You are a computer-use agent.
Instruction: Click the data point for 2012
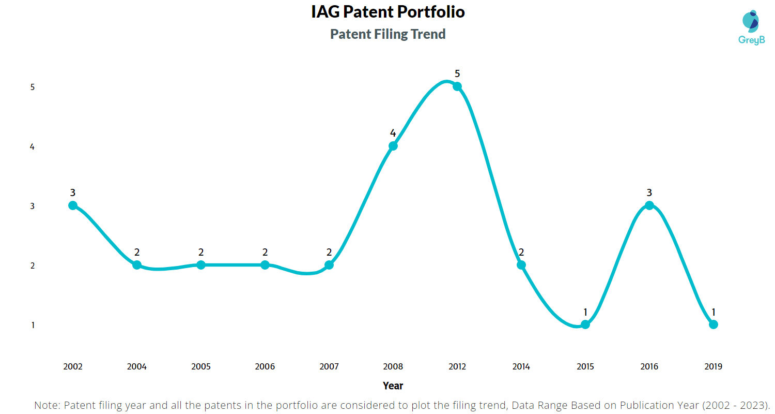coord(457,86)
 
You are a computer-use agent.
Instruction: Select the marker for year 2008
coord(393,146)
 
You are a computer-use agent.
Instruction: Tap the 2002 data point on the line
coord(73,205)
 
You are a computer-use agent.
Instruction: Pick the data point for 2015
coord(585,324)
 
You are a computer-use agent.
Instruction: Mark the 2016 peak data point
coord(649,205)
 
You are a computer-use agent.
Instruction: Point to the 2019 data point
coord(714,324)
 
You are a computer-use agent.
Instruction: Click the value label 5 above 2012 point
coord(457,74)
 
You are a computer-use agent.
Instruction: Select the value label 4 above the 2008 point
coord(393,134)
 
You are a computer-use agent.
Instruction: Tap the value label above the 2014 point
coord(521,253)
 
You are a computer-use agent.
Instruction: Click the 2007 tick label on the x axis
coord(329,367)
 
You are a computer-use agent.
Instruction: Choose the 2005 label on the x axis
coord(201,367)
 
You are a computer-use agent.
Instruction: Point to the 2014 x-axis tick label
coord(521,367)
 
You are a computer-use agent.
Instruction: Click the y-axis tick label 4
coord(32,147)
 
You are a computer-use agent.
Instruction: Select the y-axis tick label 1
coord(32,326)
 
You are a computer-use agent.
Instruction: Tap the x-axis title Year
coord(393,386)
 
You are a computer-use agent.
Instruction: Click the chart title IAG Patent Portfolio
coord(388,12)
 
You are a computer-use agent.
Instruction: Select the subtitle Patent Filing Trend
coord(388,34)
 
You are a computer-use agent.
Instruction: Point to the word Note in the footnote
coord(46,405)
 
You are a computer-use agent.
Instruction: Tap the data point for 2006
coord(265,265)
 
